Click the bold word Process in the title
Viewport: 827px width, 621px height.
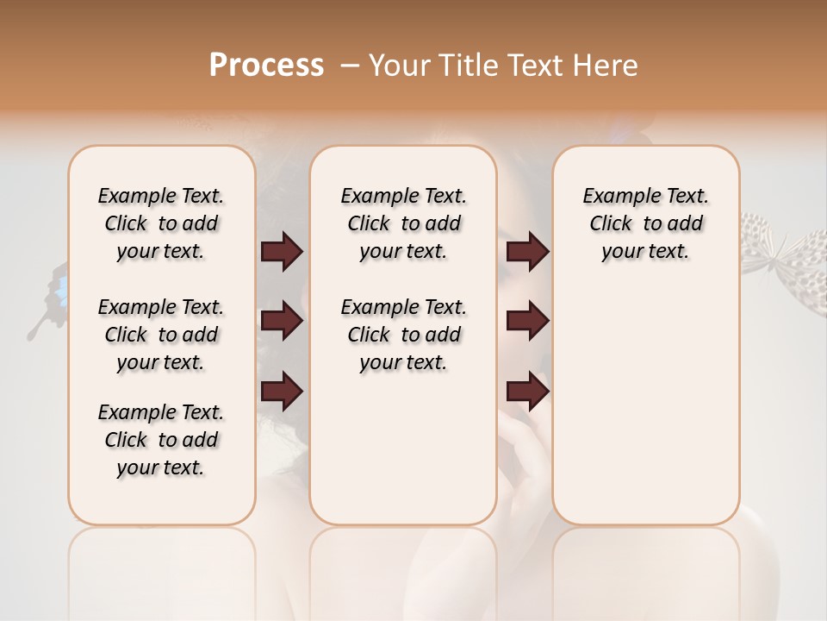coord(266,66)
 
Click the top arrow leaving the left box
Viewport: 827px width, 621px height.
coord(282,252)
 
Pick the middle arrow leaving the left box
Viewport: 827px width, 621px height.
coord(282,322)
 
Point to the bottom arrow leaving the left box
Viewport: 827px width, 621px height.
coord(282,392)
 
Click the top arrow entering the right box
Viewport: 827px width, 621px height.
coord(527,252)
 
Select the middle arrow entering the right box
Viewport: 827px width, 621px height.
coord(527,322)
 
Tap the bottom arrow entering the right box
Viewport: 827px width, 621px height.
coord(527,392)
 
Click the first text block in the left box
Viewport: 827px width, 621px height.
coord(161,223)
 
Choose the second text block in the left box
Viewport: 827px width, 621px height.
coord(161,335)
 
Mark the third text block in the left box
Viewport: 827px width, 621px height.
coord(161,440)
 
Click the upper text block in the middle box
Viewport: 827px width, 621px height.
coord(403,223)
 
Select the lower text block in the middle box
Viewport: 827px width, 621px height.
coord(403,335)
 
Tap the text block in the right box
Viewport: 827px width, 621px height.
coord(645,223)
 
